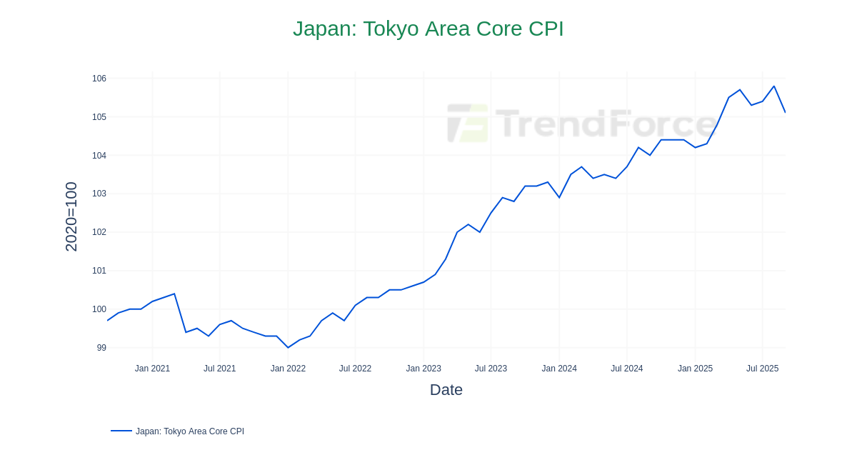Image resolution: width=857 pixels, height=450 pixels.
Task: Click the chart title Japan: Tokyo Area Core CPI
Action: (428, 29)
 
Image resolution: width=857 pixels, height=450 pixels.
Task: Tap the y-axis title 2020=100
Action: (71, 216)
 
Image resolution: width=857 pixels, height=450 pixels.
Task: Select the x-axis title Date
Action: (446, 390)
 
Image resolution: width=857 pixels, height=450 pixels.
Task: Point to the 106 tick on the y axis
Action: (99, 79)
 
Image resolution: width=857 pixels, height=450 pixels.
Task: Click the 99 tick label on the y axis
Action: (101, 348)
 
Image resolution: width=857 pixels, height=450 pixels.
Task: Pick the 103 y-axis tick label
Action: (99, 194)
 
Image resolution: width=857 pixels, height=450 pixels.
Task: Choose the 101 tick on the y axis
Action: (99, 271)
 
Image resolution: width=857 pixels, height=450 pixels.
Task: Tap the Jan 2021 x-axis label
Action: (152, 369)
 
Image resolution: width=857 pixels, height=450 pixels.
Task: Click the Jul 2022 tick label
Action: (355, 369)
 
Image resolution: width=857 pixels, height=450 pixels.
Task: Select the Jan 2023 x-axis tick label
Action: (424, 369)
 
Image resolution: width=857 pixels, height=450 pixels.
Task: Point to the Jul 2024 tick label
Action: (626, 369)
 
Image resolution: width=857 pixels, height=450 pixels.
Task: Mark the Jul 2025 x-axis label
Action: (762, 369)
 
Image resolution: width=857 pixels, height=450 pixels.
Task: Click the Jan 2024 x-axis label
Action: (559, 369)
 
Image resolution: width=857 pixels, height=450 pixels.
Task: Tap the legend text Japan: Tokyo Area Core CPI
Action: (190, 431)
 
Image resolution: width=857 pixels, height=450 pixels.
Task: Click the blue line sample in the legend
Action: (121, 431)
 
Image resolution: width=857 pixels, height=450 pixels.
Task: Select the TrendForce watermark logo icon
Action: (468, 123)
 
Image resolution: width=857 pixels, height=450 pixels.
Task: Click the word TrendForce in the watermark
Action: (606, 123)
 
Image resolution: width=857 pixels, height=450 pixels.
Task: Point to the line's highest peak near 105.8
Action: (773, 86)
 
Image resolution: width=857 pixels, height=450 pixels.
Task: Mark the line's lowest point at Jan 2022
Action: (288, 348)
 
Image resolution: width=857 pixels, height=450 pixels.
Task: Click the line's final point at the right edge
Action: (785, 112)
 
